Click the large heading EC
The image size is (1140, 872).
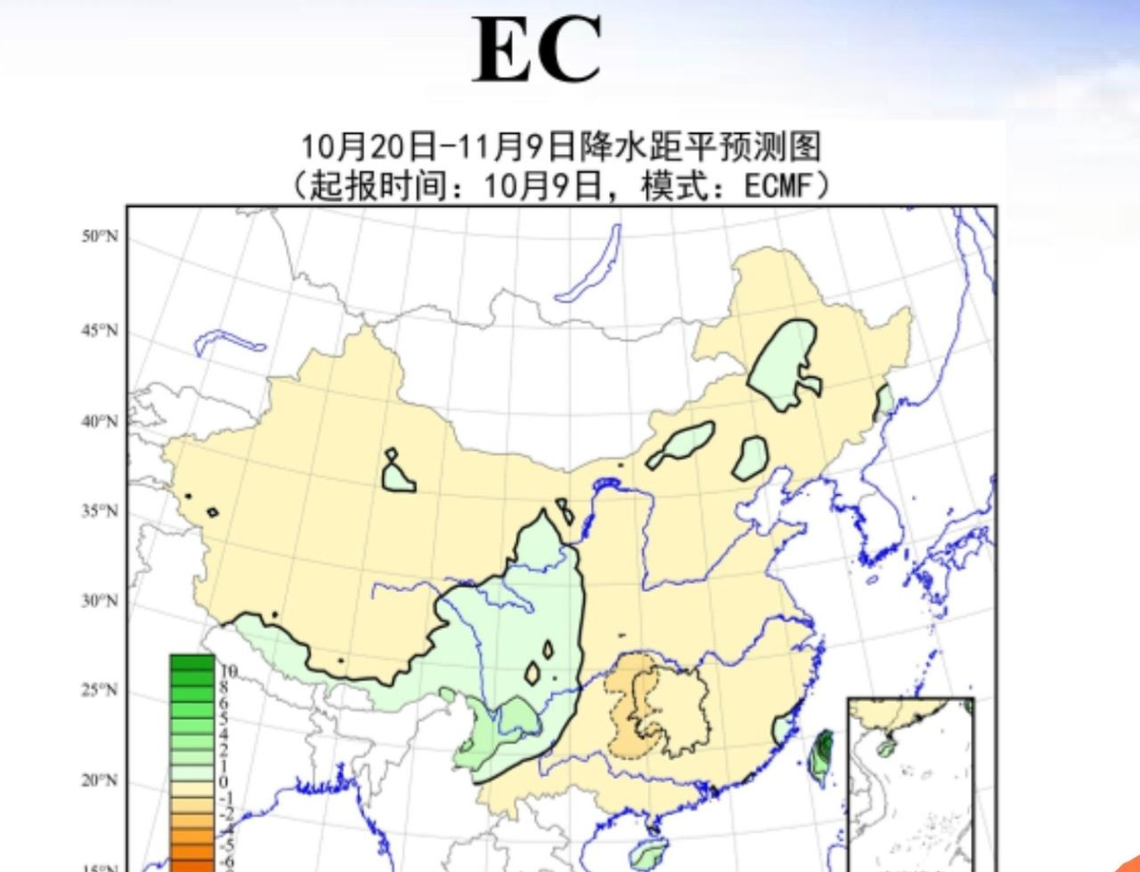(537, 50)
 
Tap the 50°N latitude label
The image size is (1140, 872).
(99, 237)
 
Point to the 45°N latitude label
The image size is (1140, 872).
(99, 331)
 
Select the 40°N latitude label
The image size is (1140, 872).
(99, 421)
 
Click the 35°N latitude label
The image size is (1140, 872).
(99, 511)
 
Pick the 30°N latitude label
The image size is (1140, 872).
(99, 601)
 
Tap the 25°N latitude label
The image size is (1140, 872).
(99, 690)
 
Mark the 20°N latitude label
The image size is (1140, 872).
(99, 781)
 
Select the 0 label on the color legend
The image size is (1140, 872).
(225, 781)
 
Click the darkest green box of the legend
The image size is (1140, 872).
(192, 662)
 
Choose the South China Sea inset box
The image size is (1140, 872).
(910, 779)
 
